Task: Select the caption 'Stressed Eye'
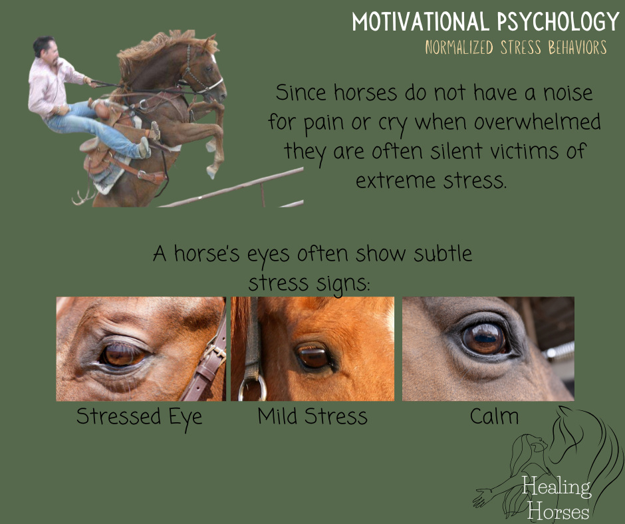[139, 417]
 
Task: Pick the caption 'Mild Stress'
[312, 417]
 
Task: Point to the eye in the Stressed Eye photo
[124, 355]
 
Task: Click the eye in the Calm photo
[484, 338]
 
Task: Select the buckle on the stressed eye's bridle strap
[215, 349]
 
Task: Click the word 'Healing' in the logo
[556, 487]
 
